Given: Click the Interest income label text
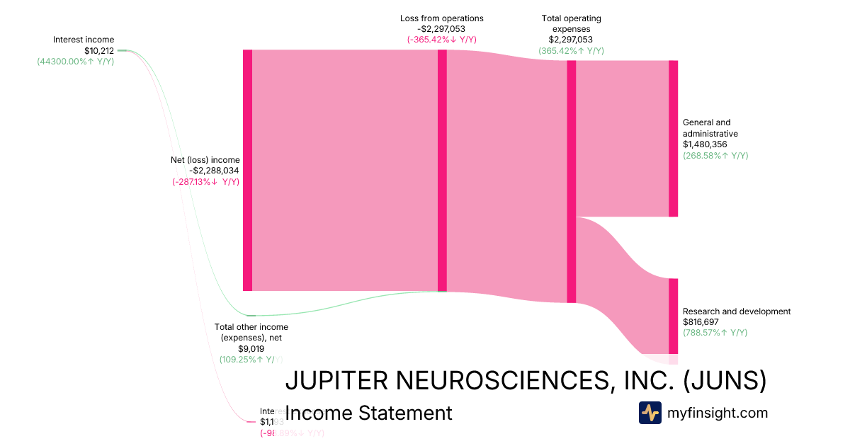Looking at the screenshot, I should pyautogui.click(x=83, y=40).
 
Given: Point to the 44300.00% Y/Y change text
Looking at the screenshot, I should pyautogui.click(x=76, y=62).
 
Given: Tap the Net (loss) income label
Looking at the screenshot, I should pyautogui.click(x=205, y=160).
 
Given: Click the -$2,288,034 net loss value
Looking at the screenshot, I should pyautogui.click(x=214, y=171).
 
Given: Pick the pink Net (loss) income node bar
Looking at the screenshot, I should pyautogui.click(x=247, y=170).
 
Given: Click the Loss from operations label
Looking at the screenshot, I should pyautogui.click(x=441, y=18).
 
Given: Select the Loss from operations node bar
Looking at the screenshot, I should pyautogui.click(x=442, y=170).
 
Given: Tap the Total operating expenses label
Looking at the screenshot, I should pyautogui.click(x=571, y=23).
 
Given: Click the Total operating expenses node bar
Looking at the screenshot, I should pyautogui.click(x=571, y=181).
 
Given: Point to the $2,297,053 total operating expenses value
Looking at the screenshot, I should pyautogui.click(x=570, y=40).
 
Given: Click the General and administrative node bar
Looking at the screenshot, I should pyautogui.click(x=673, y=138).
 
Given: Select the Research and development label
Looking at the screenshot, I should pyautogui.click(x=737, y=311).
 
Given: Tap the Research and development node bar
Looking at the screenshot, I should pyautogui.click(x=673, y=316).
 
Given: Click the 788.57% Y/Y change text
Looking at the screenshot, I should pyautogui.click(x=715, y=333).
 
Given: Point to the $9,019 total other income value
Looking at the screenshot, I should pyautogui.click(x=251, y=348).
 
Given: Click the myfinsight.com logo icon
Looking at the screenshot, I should pyautogui.click(x=650, y=413).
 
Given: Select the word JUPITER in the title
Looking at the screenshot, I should pyautogui.click(x=336, y=381).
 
